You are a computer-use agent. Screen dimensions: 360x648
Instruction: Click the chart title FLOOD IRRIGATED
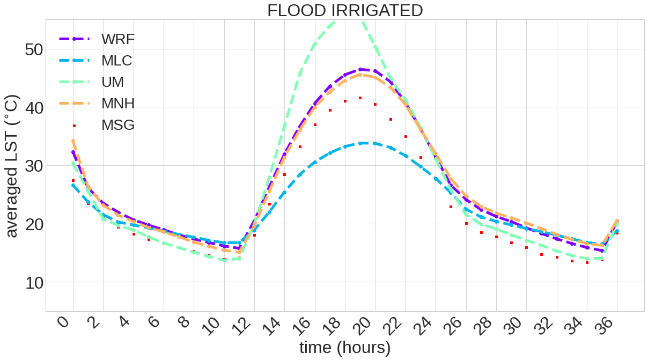tap(345, 10)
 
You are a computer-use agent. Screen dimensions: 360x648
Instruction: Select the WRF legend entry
tap(117, 39)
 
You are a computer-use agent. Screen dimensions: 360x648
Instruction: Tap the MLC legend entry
tap(116, 60)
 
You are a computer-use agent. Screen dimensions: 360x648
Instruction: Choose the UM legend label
tap(113, 82)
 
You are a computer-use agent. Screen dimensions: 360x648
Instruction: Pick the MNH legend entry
tap(118, 103)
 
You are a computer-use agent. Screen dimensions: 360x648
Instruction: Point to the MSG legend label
tap(118, 125)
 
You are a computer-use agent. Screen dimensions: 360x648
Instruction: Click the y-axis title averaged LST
tap(12, 166)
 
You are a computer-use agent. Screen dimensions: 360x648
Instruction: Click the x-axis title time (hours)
tap(345, 347)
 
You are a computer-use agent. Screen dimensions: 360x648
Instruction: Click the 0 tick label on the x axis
tap(64, 322)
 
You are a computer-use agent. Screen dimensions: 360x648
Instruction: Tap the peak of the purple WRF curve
tap(360, 69)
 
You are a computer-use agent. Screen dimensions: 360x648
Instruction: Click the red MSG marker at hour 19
tap(360, 98)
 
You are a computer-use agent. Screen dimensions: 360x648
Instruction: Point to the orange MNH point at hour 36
tap(617, 221)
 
